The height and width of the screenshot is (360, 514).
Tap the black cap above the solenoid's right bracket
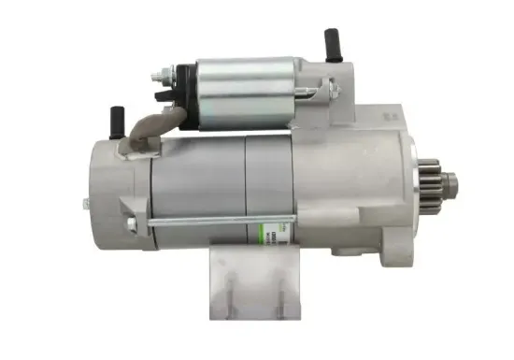pos(332,42)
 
